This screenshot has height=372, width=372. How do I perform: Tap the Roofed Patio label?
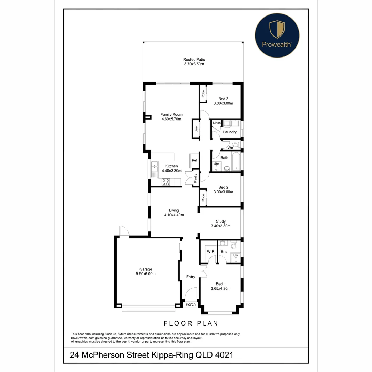tap(194, 60)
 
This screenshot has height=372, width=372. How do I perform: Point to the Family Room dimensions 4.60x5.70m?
tap(171, 119)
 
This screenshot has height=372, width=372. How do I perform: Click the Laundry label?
tap(230, 132)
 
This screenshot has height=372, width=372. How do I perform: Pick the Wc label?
tap(230, 148)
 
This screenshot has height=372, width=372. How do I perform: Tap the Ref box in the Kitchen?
tap(194, 161)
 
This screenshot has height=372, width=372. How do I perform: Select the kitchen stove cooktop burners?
tap(166, 182)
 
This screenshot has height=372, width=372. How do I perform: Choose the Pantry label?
tap(195, 178)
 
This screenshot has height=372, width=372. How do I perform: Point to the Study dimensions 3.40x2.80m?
tap(220, 226)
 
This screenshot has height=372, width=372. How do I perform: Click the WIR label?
tap(210, 252)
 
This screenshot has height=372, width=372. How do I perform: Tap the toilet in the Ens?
tap(234, 245)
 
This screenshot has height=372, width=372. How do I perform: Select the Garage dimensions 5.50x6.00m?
tap(145, 274)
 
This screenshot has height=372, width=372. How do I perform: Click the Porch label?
tap(190, 304)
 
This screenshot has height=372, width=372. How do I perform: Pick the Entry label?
tap(190, 277)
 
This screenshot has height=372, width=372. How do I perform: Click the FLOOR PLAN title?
tap(191, 323)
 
